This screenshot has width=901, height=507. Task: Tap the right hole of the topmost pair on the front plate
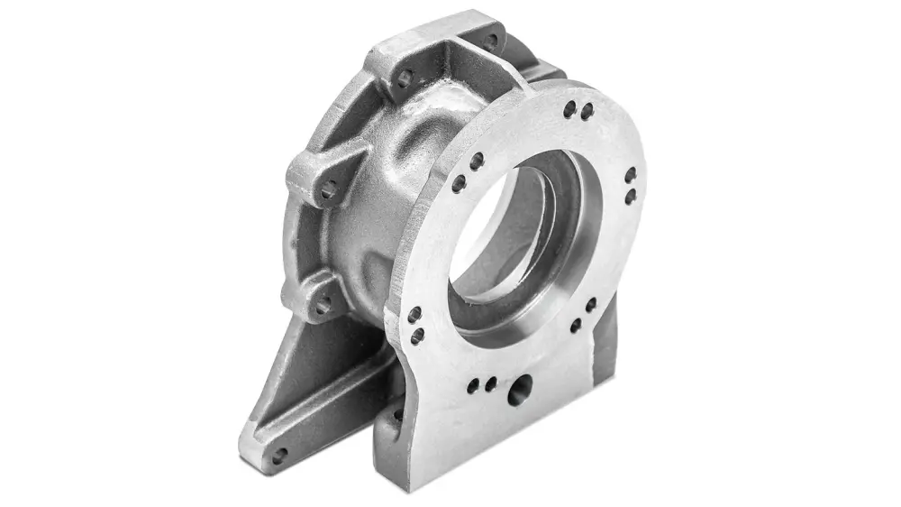point(587,112)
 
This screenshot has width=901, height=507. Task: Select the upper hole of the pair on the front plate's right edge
point(631,174)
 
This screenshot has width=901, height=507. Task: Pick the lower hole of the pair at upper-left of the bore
point(459,183)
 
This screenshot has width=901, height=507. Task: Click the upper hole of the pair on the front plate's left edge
point(414,315)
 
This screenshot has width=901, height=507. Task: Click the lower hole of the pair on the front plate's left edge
point(417,336)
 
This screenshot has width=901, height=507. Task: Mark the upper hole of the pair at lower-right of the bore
point(590,306)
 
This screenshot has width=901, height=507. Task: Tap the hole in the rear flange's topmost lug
point(490,41)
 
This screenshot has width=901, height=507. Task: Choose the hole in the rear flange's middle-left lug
point(329,189)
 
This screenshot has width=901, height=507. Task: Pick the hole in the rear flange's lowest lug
point(322,305)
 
